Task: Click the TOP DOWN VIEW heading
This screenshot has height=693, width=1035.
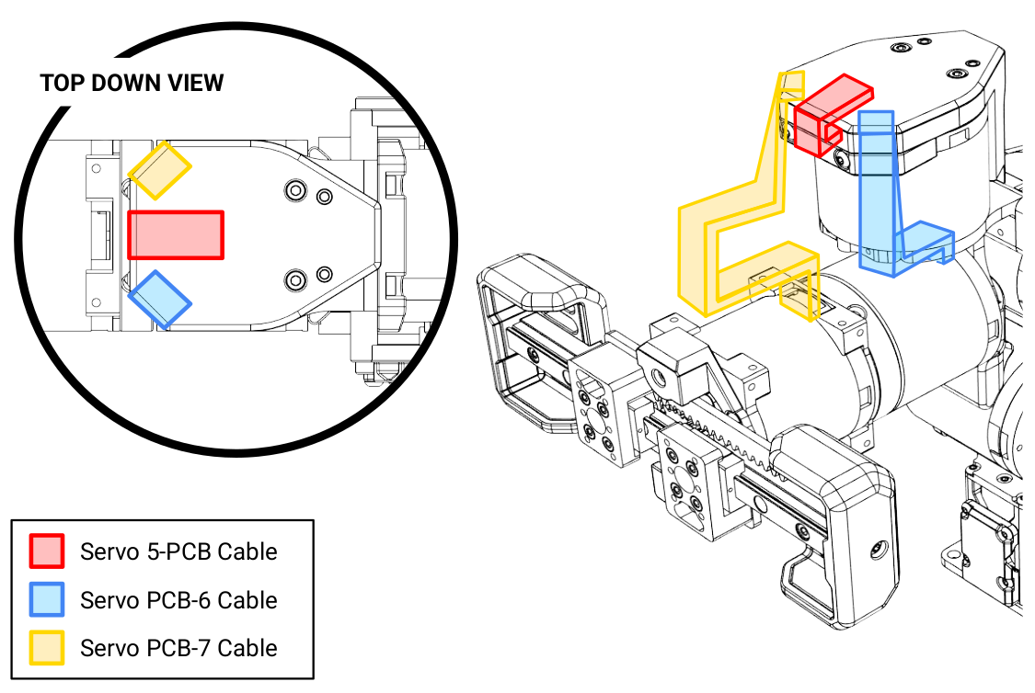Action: point(132,83)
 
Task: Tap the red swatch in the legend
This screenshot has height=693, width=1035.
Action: point(47,551)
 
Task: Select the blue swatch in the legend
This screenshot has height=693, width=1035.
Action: point(47,600)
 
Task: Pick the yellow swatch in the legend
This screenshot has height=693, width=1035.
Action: point(47,648)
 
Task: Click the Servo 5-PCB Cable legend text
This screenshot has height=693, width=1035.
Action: point(178,551)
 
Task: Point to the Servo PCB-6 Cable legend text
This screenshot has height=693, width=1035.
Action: point(178,600)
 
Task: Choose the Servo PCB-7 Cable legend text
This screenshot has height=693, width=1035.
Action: point(178,648)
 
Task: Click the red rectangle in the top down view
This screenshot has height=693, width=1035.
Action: point(176,234)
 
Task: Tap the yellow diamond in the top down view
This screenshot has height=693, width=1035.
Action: point(159,170)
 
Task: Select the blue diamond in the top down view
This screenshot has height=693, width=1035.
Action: point(159,299)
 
